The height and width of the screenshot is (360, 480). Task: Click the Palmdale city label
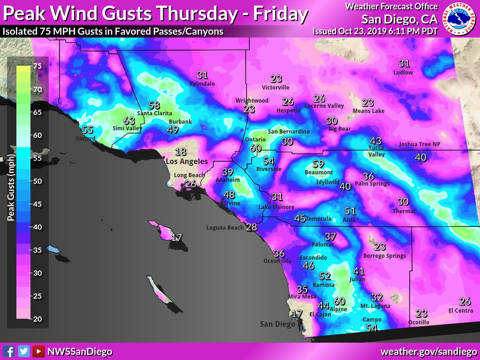(x=202, y=84)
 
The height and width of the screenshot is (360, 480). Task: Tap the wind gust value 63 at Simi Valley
(x=129, y=121)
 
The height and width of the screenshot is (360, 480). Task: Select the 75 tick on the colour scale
(x=37, y=67)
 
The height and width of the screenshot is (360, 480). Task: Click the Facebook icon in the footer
(x=8, y=351)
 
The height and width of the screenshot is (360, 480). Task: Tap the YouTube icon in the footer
(x=38, y=351)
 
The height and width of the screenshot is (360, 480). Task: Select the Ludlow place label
(x=403, y=73)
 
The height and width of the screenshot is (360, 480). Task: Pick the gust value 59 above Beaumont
(x=318, y=164)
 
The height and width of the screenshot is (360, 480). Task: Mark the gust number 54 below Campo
(x=372, y=328)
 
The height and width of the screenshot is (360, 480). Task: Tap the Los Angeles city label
(x=187, y=161)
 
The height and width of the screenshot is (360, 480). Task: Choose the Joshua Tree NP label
(x=420, y=144)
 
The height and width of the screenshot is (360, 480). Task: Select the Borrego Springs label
(x=384, y=256)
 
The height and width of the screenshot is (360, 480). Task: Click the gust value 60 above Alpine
(x=339, y=301)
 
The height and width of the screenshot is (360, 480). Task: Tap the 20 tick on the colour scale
(x=37, y=319)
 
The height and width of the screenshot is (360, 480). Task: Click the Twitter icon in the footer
(x=23, y=351)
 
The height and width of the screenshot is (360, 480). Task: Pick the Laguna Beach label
(x=225, y=228)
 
